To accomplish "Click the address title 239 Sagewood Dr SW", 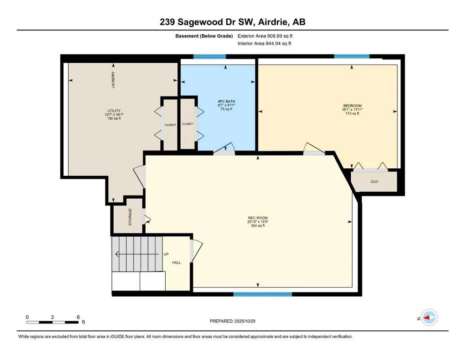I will [x=232, y=22].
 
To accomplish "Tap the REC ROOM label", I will [x=258, y=217].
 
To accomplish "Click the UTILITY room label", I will [x=114, y=111].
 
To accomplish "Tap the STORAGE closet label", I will [x=130, y=217].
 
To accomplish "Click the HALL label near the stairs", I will [x=177, y=262].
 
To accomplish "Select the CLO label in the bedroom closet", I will [x=374, y=181].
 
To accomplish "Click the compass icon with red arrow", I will [x=429, y=318].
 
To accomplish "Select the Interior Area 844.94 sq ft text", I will [x=265, y=43].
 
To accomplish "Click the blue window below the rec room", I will [x=263, y=294].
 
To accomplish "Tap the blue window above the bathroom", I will [x=210, y=57].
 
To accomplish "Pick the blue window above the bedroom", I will [x=351, y=57].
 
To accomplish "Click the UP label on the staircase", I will [x=166, y=255].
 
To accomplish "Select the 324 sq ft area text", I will [x=258, y=225].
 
